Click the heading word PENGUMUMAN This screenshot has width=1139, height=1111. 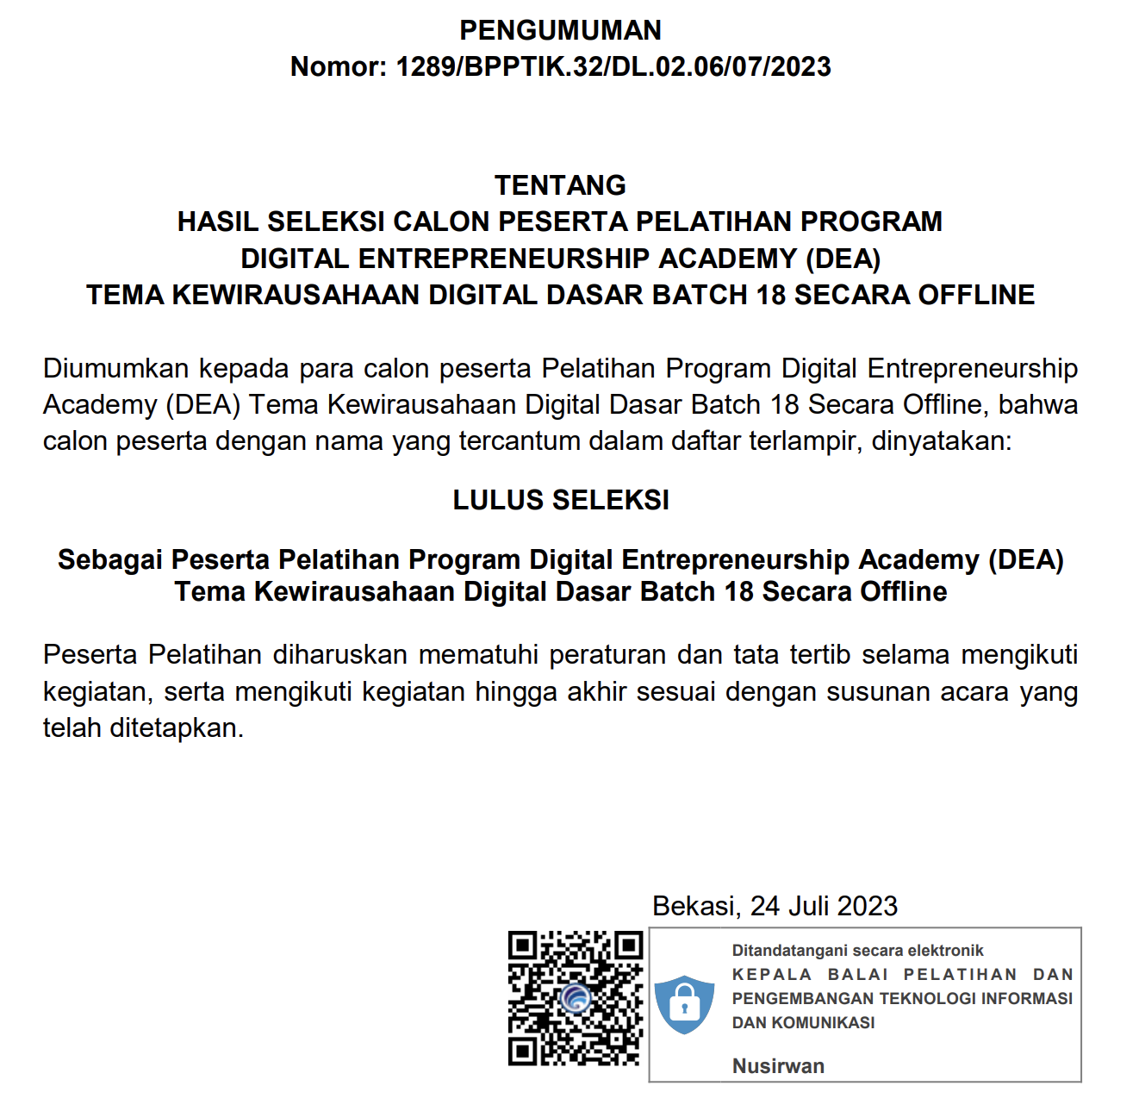point(560,30)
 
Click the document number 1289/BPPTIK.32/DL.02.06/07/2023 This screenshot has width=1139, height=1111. point(613,67)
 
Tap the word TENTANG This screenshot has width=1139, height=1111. point(560,185)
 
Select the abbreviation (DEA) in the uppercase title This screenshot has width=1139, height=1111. point(843,259)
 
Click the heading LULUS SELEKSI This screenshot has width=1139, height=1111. point(561,500)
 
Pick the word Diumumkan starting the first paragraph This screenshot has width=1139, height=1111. point(116,369)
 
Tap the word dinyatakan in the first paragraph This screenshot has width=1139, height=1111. point(941,441)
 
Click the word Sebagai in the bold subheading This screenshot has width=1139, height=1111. point(110,560)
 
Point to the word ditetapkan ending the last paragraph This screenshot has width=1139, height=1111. point(177,728)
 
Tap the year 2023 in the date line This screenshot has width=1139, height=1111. point(867,907)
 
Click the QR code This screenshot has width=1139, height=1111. point(576,998)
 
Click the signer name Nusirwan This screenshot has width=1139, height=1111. point(778,1066)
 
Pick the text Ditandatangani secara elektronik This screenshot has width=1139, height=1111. point(857,951)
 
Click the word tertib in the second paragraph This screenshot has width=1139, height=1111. point(814,655)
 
